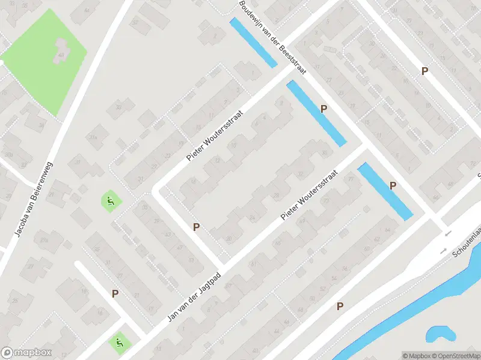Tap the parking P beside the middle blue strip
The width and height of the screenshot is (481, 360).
tap(324, 109)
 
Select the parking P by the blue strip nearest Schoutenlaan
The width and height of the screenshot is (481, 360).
tap(393, 185)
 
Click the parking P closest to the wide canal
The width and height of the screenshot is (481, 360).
tap(340, 306)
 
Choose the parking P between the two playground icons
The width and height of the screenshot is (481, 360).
tap(115, 293)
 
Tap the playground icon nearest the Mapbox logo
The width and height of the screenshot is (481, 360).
tap(118, 343)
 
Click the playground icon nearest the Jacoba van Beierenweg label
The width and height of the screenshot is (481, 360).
tap(109, 201)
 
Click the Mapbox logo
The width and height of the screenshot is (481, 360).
tap(26, 353)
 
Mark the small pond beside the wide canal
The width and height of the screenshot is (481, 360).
tap(441, 334)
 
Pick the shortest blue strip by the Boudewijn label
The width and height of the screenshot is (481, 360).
tap(253, 42)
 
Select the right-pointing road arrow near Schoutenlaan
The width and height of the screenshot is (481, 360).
tap(444, 250)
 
